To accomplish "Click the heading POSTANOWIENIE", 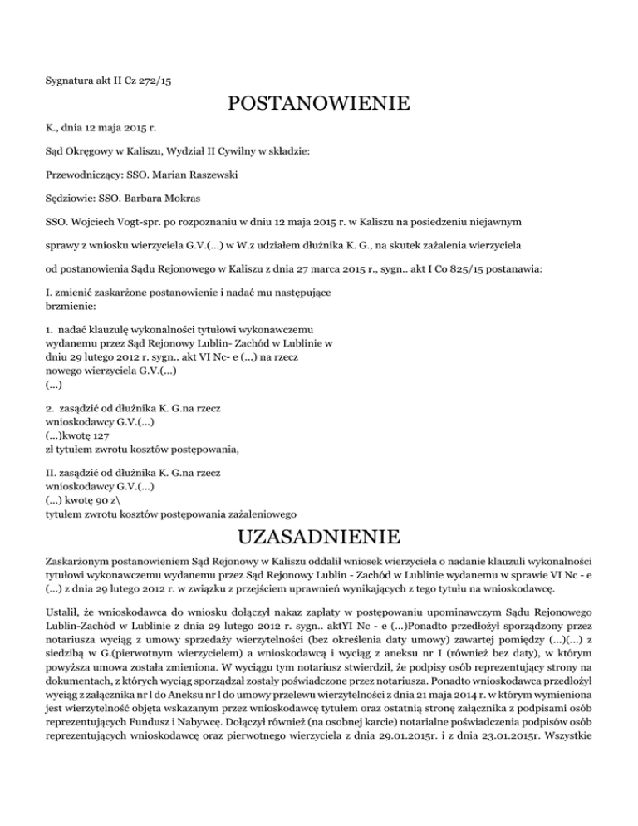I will (x=319, y=105).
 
